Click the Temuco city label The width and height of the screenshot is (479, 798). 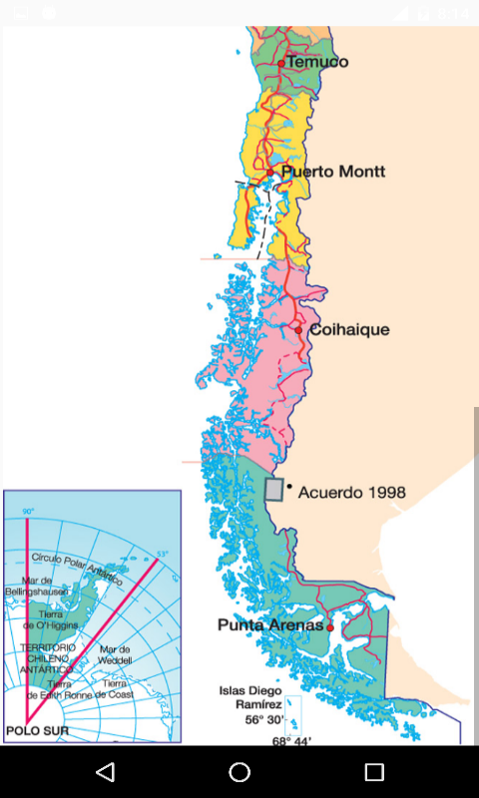[317, 62]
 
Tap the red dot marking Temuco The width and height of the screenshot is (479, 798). [281, 63]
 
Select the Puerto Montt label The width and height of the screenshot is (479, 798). [333, 172]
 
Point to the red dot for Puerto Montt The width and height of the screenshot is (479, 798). [269, 172]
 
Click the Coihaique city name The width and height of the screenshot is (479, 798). [349, 329]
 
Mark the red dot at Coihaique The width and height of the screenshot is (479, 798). [297, 329]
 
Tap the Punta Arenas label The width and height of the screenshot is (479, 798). [270, 625]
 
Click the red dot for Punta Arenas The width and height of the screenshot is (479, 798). [329, 627]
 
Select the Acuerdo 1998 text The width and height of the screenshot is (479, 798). [352, 492]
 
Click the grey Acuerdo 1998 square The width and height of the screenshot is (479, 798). [273, 489]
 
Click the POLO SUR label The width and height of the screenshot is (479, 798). [30, 730]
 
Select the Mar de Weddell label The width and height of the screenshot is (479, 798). [116, 654]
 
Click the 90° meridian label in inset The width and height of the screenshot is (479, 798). [29, 511]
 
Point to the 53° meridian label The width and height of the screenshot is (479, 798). [162, 554]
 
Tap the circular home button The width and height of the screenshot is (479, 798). [239, 772]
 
